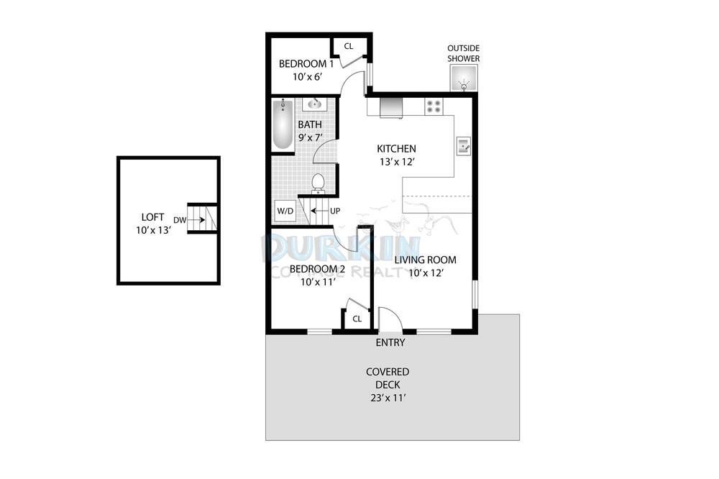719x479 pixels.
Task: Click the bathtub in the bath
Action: [x=283, y=124]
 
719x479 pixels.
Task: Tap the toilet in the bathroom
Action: [x=317, y=182]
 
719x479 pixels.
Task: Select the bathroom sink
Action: [x=315, y=104]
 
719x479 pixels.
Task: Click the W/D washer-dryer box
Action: [x=285, y=211]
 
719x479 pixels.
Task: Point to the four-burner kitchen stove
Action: [x=434, y=106]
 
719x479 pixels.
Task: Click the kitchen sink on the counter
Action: [x=464, y=146]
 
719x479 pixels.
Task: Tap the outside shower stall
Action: [x=464, y=78]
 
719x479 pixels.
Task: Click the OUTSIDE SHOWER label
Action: [x=464, y=53]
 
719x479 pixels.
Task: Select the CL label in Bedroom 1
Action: [x=349, y=46]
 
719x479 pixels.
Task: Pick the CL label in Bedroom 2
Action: [x=357, y=319]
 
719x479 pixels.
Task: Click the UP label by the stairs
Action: [x=335, y=211]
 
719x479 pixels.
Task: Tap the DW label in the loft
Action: [x=180, y=220]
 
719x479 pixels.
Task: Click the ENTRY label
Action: [x=390, y=343]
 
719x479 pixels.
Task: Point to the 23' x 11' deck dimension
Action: [x=388, y=398]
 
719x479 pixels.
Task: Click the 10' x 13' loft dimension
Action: [x=153, y=230]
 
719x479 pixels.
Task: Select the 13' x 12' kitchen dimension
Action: [x=397, y=162]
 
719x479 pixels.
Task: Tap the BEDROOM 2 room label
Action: [x=317, y=269]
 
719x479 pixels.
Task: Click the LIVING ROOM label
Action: [x=426, y=260]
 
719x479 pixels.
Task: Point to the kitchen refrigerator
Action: [x=390, y=108]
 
